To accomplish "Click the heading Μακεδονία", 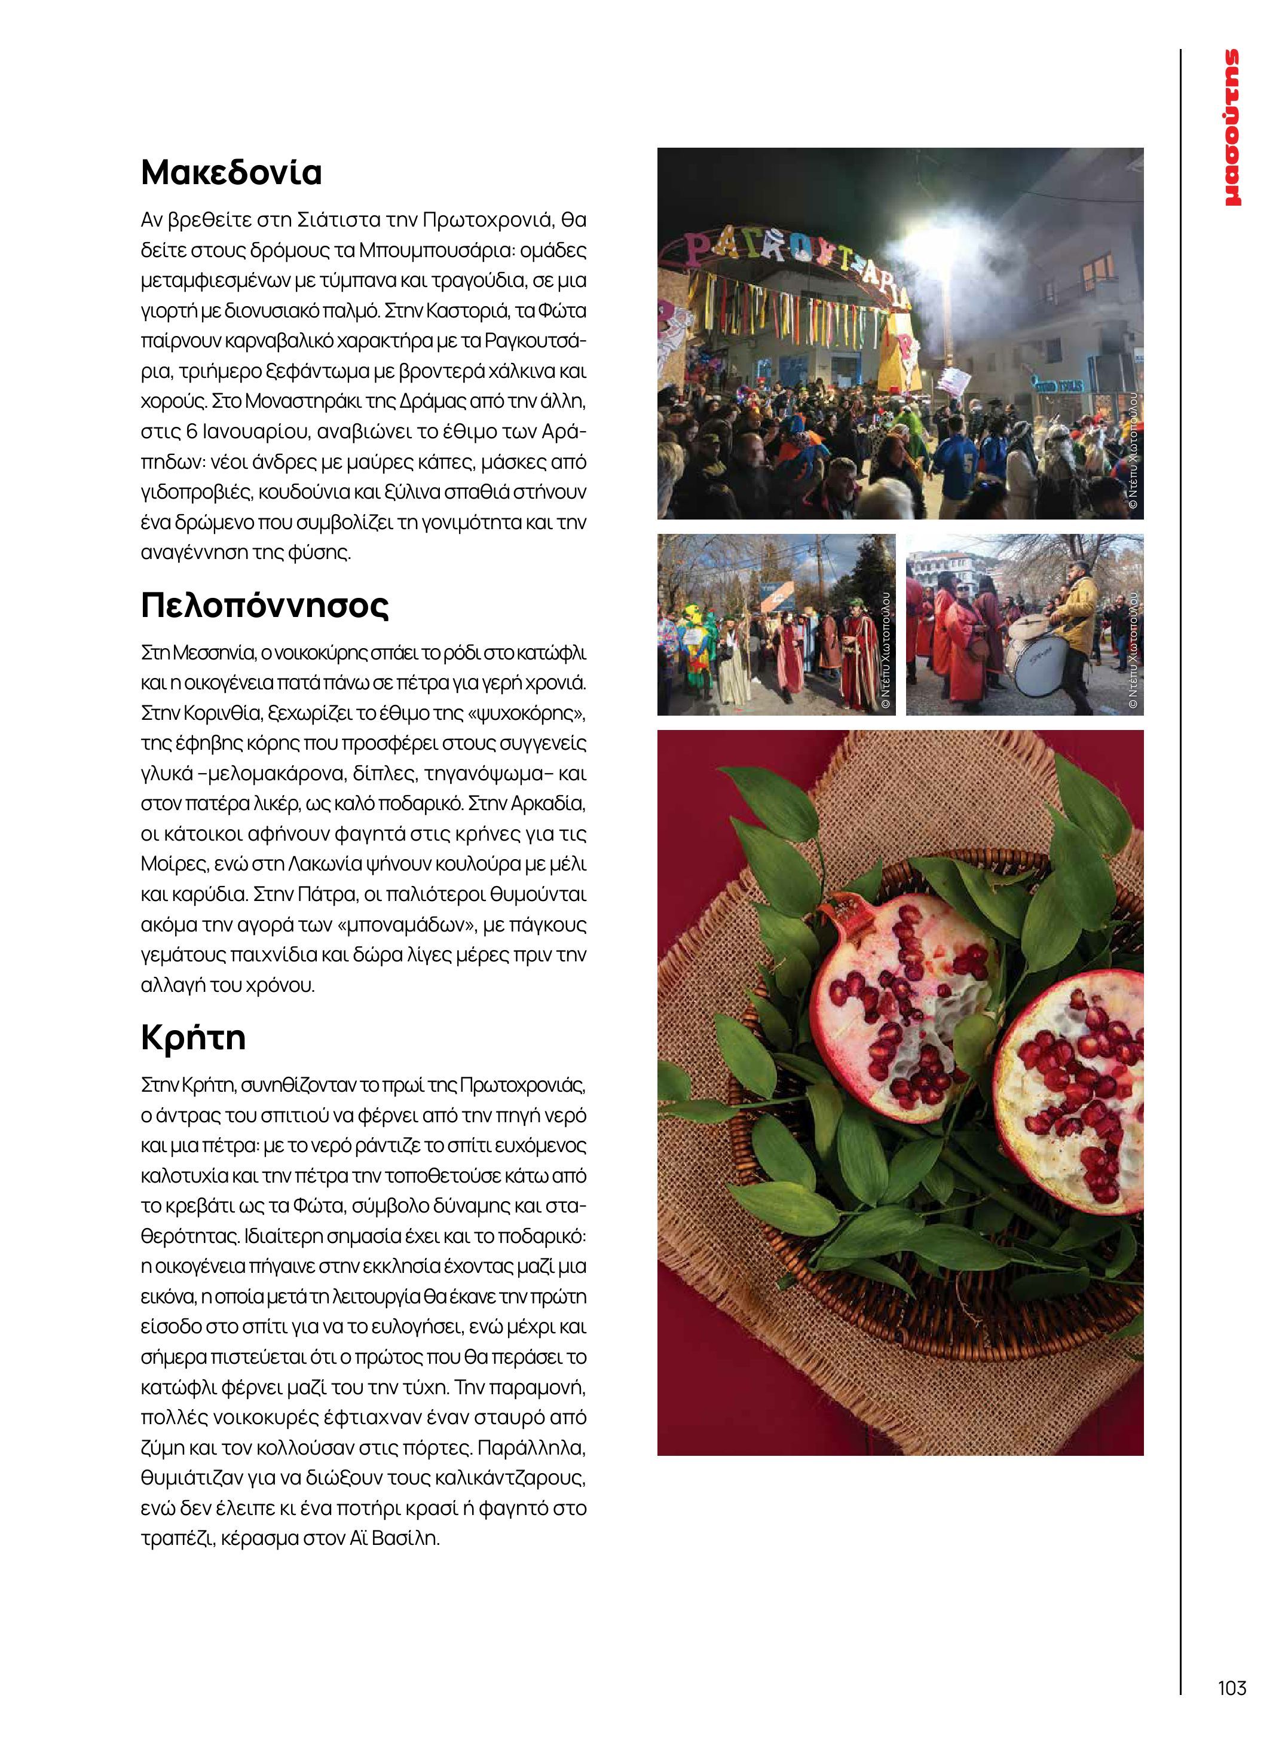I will tap(231, 173).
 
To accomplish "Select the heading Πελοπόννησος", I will tap(264, 605).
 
